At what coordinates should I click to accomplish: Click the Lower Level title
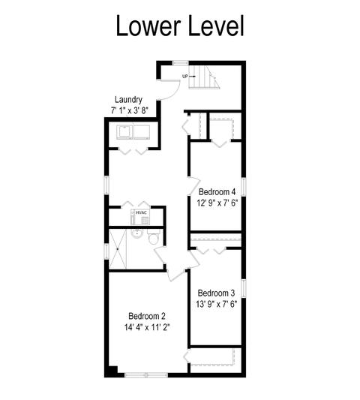coord(180,26)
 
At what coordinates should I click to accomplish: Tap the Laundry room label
coord(128,100)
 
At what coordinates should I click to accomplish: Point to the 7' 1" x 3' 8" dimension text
coord(130,111)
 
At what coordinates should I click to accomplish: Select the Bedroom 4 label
coord(217,191)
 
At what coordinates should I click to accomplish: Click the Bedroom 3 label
coord(216,293)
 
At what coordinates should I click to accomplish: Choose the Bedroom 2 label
coord(147,317)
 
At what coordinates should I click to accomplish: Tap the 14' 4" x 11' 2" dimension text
coord(147,327)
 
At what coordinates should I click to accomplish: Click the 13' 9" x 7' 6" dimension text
coord(217,304)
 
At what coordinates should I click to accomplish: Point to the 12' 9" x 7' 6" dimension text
coord(217,203)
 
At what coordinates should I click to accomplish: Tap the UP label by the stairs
coord(184,77)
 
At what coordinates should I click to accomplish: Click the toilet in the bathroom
coord(154,236)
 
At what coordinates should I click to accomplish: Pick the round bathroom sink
coord(137,233)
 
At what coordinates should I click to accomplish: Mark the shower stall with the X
coord(118,248)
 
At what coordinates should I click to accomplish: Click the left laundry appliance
coord(125,132)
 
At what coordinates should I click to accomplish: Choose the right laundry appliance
coord(142,132)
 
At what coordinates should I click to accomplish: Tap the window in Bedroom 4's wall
coord(244,187)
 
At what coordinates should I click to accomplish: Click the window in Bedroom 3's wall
coord(244,288)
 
